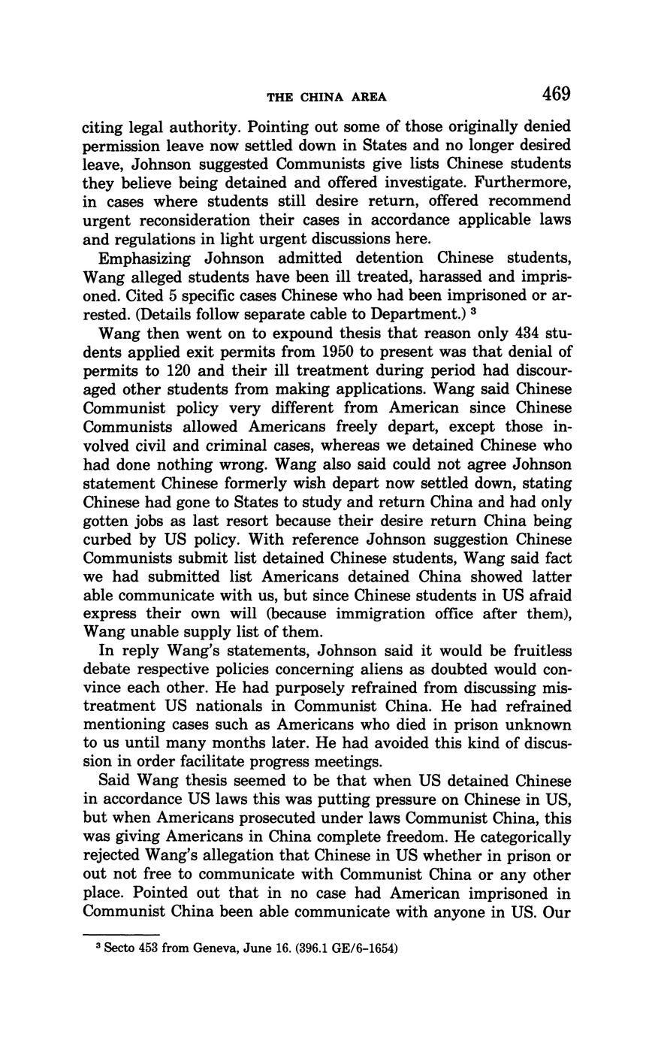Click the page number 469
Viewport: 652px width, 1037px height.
point(555,94)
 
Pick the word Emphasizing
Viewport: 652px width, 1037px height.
point(146,258)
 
